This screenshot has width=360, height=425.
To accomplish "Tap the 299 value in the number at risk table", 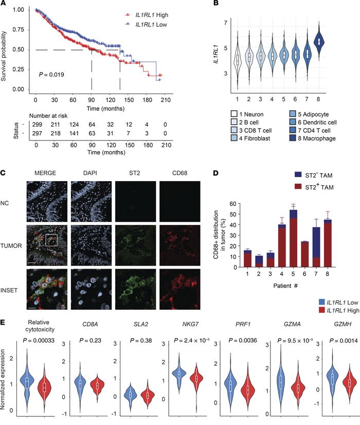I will tap(37, 126).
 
